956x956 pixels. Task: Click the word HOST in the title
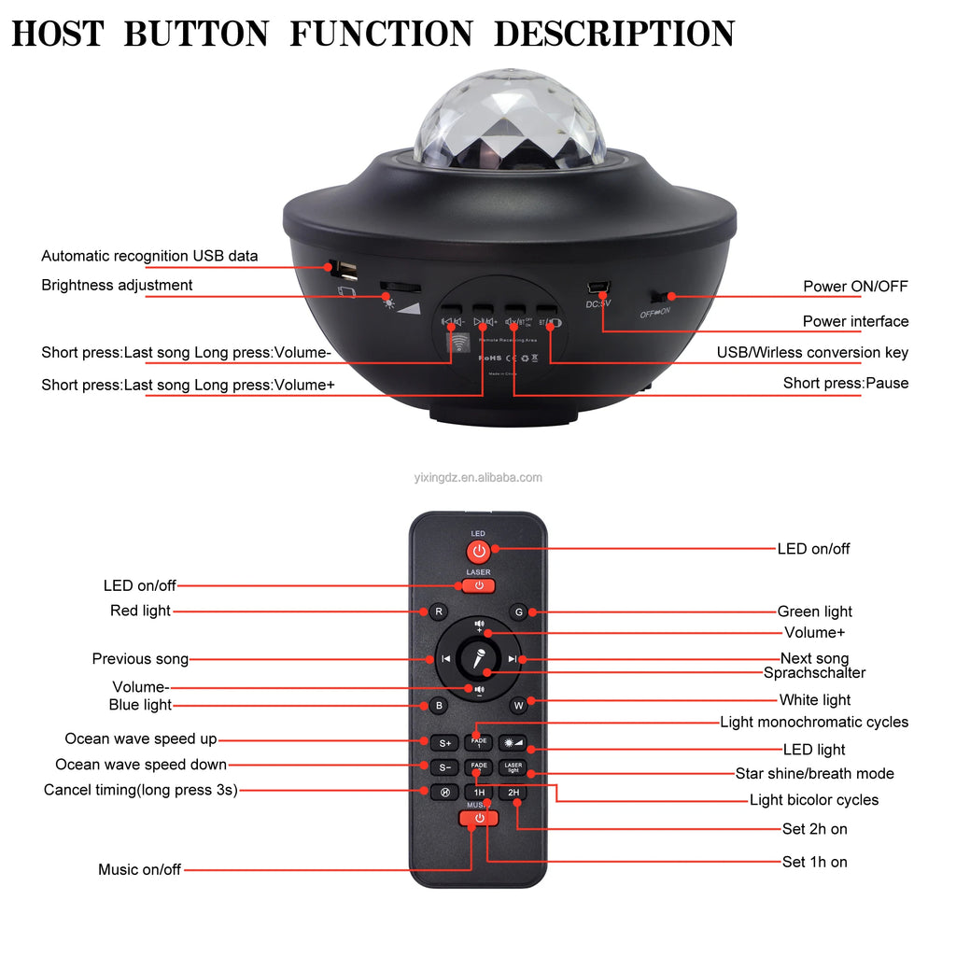tap(59, 34)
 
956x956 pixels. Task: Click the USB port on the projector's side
tap(346, 270)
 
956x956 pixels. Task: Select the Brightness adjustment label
tap(117, 286)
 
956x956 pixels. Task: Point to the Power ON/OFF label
tap(855, 287)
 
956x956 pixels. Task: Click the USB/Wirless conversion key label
tap(812, 353)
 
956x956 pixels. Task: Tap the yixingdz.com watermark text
tap(478, 478)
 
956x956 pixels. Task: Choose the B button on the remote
tap(438, 706)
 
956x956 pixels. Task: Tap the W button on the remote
tap(519, 706)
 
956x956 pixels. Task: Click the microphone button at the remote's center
tap(479, 659)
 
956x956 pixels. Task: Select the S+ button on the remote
tap(444, 743)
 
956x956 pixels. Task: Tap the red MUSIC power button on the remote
tap(479, 819)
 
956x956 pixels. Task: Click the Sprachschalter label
tap(814, 673)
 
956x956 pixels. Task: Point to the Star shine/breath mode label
tap(814, 774)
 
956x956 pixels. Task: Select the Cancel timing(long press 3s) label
tap(140, 791)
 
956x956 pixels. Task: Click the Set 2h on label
tap(814, 829)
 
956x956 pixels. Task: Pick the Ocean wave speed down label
tap(140, 766)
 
